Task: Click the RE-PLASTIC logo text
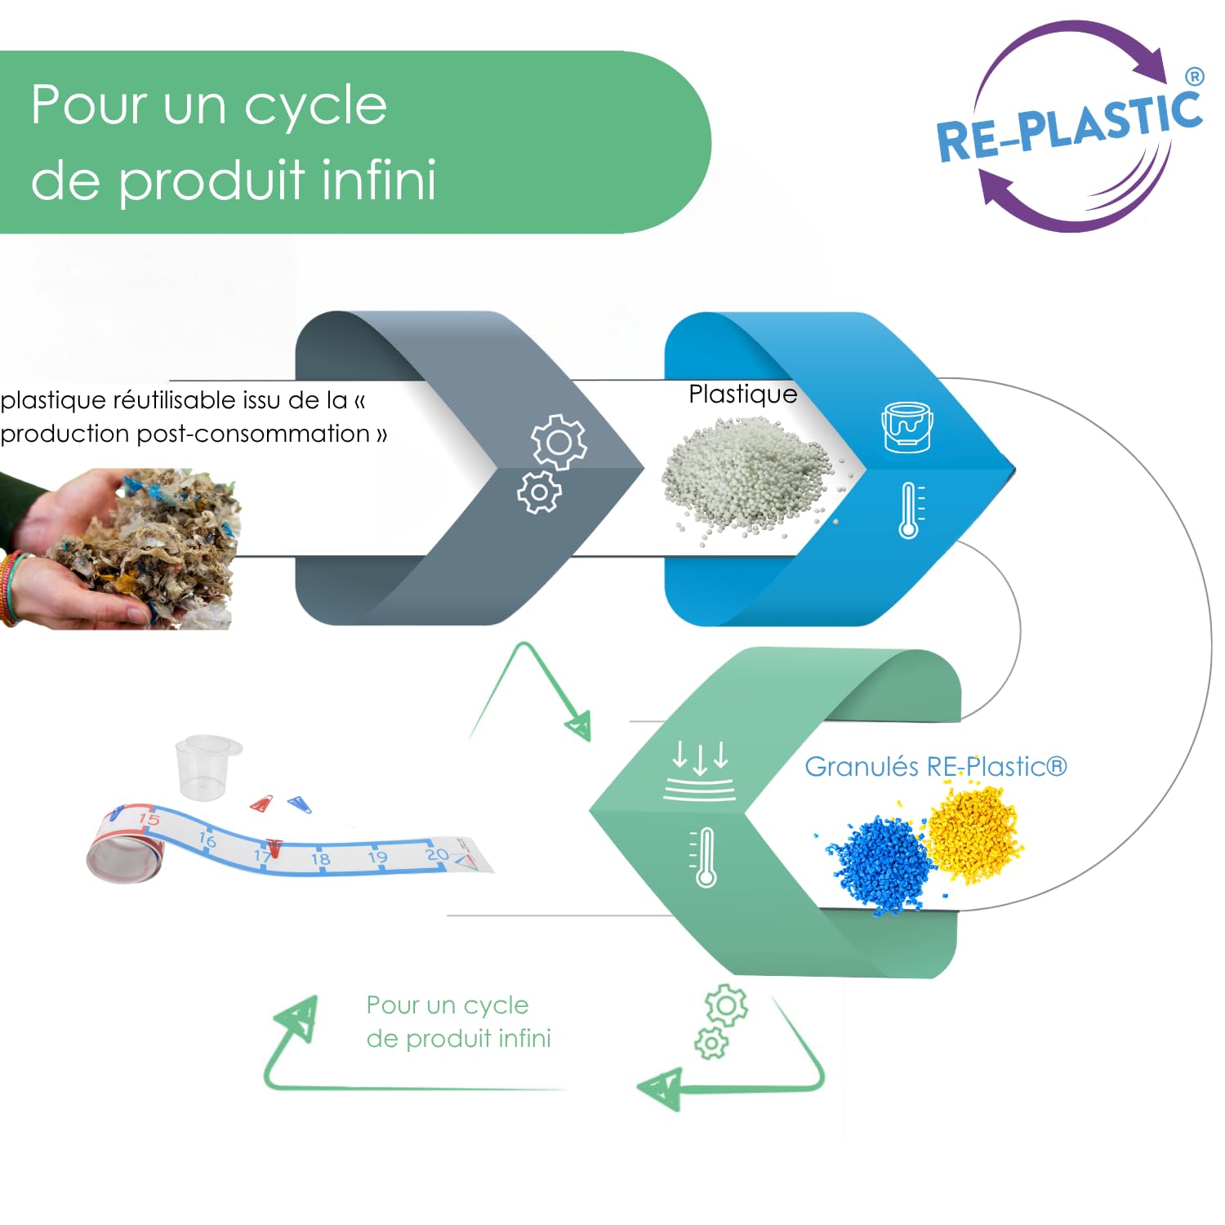point(1070,125)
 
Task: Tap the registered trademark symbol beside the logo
point(1194,77)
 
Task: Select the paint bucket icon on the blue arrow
point(906,426)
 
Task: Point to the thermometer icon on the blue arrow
point(911,510)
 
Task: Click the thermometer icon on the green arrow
point(704,857)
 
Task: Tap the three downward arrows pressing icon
point(699,771)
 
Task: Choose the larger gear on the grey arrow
point(559,442)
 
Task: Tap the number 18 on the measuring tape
point(320,858)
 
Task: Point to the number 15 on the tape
point(149,818)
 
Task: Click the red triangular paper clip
point(262,804)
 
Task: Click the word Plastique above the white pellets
point(743,394)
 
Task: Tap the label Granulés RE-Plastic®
point(936,766)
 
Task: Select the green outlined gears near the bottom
point(719,1022)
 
